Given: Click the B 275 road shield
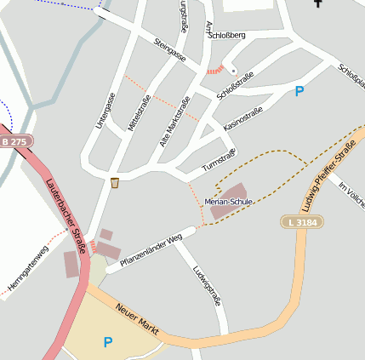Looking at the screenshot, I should (14, 140).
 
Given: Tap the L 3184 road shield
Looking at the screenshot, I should (301, 221).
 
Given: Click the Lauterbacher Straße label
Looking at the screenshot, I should (65, 215).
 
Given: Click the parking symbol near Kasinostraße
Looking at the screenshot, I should (299, 91).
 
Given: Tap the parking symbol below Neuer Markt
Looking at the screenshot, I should (108, 342).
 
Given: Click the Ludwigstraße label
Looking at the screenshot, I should (208, 286).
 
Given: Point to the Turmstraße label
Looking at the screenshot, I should (219, 158).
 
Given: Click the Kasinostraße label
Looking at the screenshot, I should (243, 118).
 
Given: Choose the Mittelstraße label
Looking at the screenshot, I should (139, 112).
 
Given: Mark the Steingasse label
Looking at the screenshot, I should (170, 49).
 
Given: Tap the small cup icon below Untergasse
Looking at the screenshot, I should (115, 182).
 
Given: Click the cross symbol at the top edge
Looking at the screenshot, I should (319, 3).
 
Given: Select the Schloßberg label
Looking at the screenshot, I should (226, 35).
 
